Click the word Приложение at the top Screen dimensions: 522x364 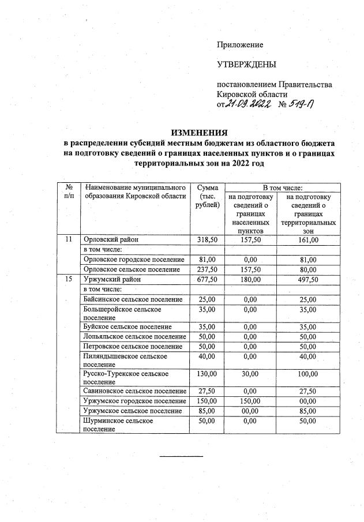239,44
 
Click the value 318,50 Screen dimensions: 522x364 207,239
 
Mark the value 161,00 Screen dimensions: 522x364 307,239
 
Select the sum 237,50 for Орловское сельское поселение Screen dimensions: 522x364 207,269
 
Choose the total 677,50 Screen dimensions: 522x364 207,279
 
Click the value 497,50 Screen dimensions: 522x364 307,279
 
